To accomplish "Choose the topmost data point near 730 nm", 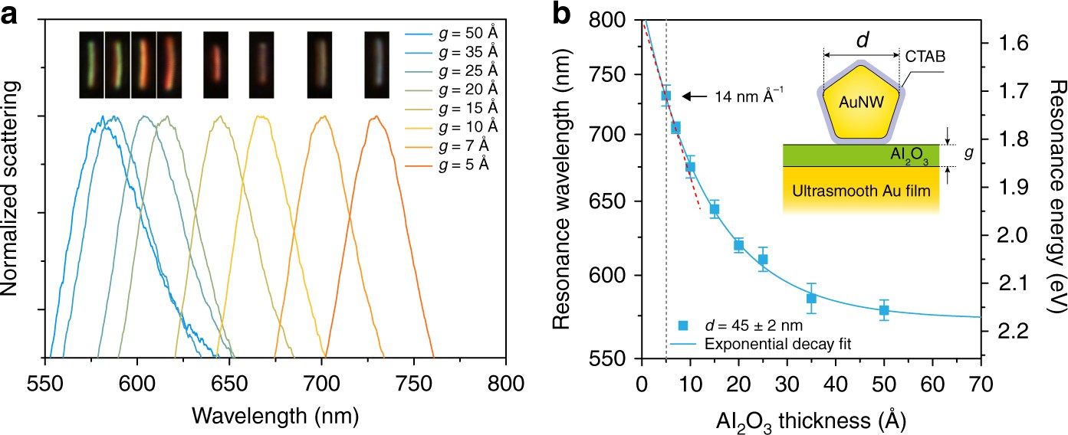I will point(666,96).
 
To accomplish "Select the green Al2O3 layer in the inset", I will point(866,155).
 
